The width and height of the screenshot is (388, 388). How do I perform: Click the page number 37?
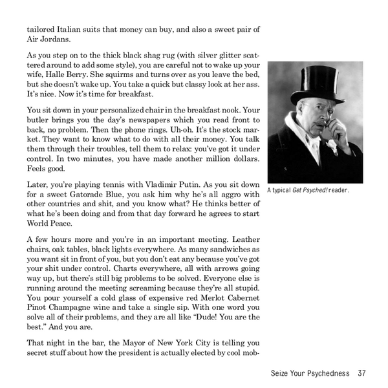(361, 373)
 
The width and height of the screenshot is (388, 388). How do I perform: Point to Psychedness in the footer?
(324, 373)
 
